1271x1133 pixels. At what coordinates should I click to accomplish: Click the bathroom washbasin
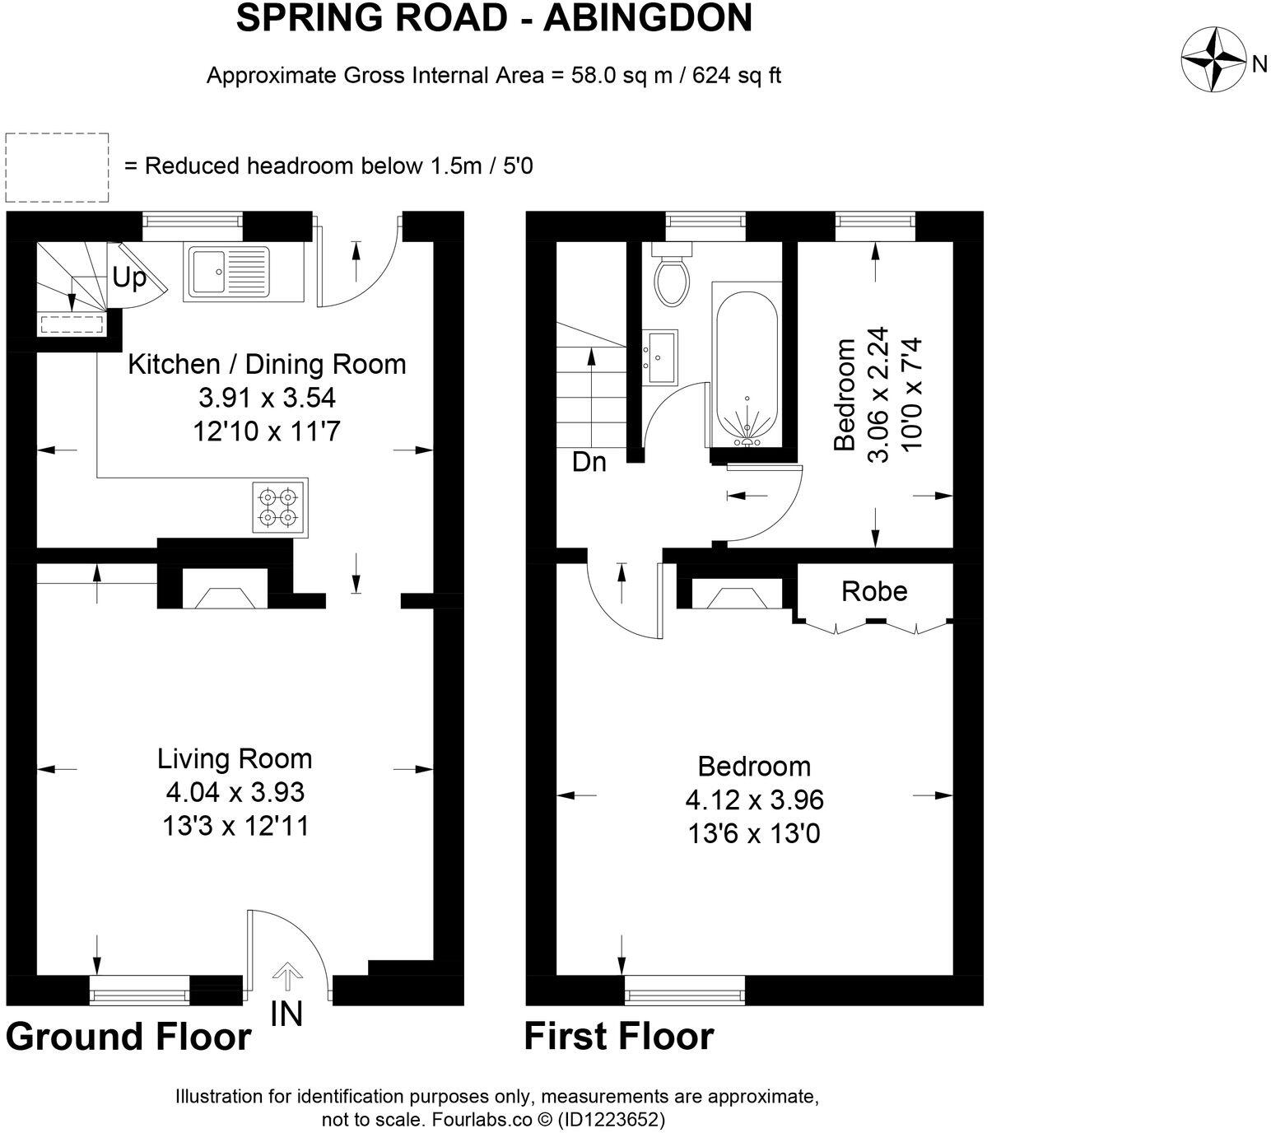pyautogui.click(x=660, y=357)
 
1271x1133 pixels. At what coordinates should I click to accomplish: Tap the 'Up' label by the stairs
pyautogui.click(x=129, y=278)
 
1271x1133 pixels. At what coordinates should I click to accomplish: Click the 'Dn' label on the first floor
pyautogui.click(x=589, y=463)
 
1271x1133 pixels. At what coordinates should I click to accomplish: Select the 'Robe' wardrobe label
pyautogui.click(x=874, y=591)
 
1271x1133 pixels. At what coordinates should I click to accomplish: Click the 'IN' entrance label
pyautogui.click(x=286, y=1014)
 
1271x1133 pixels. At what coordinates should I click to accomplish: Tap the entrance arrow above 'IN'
pyautogui.click(x=286, y=977)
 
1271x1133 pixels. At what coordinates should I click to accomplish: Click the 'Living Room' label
pyautogui.click(x=235, y=758)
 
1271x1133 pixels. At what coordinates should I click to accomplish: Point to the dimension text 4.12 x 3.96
pyautogui.click(x=754, y=800)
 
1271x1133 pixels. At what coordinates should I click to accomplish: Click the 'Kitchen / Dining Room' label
pyautogui.click(x=267, y=364)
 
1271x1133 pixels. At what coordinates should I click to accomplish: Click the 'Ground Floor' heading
pyautogui.click(x=128, y=1037)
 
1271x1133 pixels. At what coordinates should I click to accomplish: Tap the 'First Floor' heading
pyautogui.click(x=619, y=1036)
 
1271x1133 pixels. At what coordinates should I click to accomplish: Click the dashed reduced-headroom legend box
pyautogui.click(x=57, y=167)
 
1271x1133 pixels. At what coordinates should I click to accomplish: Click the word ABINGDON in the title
pyautogui.click(x=647, y=18)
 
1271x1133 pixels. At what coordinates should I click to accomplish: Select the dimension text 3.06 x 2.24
pyautogui.click(x=879, y=395)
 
